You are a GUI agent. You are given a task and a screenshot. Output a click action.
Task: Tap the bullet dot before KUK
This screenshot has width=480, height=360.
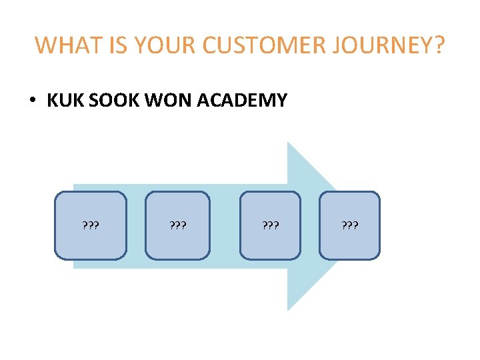pyautogui.click(x=32, y=101)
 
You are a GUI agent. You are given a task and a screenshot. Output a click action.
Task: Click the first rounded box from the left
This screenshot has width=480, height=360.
pyautogui.click(x=90, y=225)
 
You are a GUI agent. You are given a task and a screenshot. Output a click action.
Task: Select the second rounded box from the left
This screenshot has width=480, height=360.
pyautogui.click(x=177, y=225)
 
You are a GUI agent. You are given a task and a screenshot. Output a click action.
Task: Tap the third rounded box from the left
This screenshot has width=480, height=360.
pyautogui.click(x=270, y=225)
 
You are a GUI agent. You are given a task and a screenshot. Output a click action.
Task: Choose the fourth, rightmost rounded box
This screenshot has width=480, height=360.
pyautogui.click(x=349, y=225)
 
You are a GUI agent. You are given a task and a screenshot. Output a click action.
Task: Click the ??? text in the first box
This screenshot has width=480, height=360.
pyautogui.click(x=90, y=225)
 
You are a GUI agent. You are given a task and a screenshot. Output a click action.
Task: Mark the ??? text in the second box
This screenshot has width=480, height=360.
pyautogui.click(x=177, y=225)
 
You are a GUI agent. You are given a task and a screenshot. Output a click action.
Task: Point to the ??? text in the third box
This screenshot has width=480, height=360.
pyautogui.click(x=270, y=225)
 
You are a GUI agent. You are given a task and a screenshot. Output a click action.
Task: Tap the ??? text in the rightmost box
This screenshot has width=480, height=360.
pyautogui.click(x=349, y=225)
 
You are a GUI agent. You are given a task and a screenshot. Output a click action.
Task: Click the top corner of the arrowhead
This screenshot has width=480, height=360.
pyautogui.click(x=289, y=143)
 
